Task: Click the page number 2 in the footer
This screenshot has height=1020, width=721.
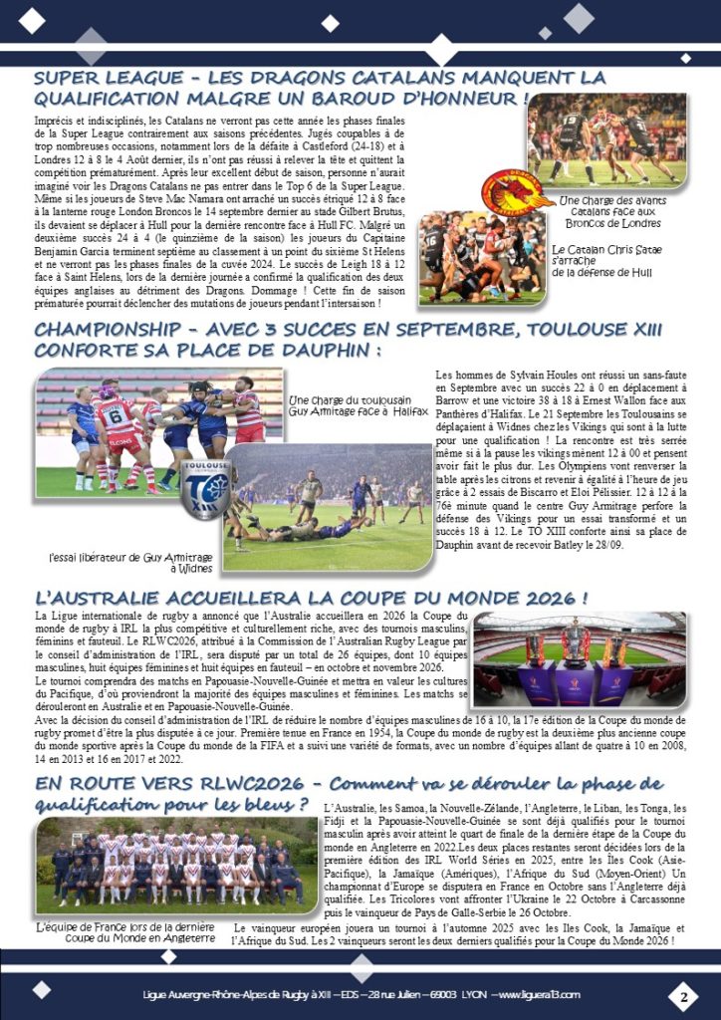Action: pos(684,996)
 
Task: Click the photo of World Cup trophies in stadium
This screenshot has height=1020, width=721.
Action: pos(579,658)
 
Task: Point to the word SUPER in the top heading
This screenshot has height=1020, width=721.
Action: pos(71,78)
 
